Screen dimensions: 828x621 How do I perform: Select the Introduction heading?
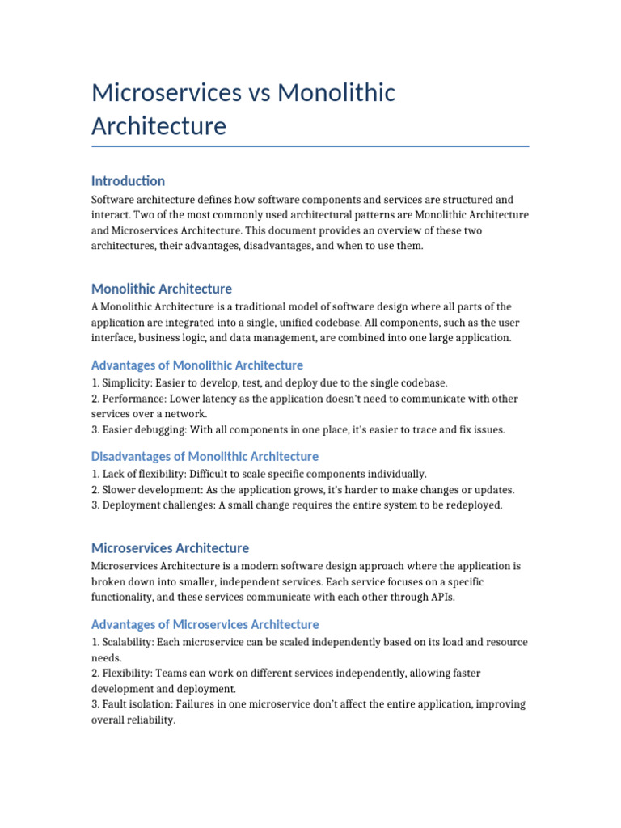[128, 181]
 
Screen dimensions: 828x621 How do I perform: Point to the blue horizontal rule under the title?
[310, 146]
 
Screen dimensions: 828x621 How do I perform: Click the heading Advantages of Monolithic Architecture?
[197, 365]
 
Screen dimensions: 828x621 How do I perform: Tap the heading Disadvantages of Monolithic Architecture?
[205, 457]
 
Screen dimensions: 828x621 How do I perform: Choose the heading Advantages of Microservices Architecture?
[205, 625]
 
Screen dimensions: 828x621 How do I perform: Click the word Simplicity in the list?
[127, 383]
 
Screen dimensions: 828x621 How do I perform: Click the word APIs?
[441, 598]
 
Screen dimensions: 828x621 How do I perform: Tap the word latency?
[217, 399]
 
